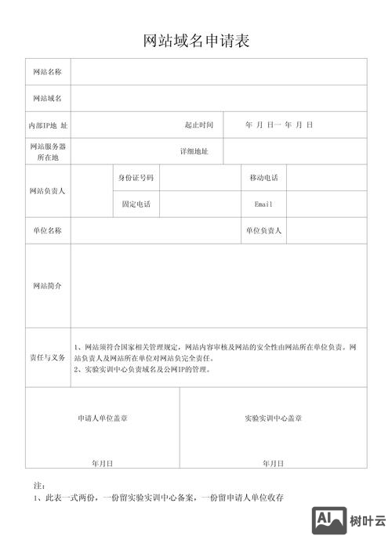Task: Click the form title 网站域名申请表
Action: click(196, 41)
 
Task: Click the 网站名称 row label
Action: click(47, 72)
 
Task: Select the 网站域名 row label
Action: click(47, 99)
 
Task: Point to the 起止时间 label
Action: click(199, 125)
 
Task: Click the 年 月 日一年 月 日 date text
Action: click(279, 125)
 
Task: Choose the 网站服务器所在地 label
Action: click(47, 151)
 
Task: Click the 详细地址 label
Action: click(194, 151)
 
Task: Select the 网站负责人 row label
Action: click(47, 190)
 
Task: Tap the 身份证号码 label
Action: click(136, 178)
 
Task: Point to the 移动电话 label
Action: click(263, 178)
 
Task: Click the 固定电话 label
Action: click(136, 204)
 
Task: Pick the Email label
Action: click(263, 204)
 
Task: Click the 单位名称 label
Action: click(47, 230)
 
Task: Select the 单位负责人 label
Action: click(263, 230)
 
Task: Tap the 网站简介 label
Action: click(47, 286)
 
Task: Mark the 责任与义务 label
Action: click(47, 357)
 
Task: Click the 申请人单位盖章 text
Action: click(103, 418)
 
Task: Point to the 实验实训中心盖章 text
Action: click(274, 418)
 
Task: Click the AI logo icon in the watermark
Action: click(329, 520)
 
